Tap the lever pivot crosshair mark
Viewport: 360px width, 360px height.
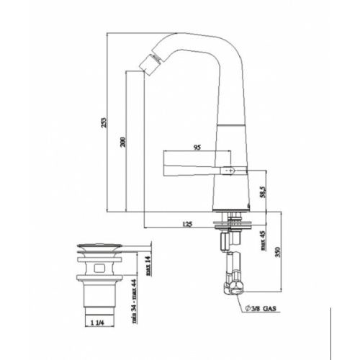pyautogui.click(x=230, y=171)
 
